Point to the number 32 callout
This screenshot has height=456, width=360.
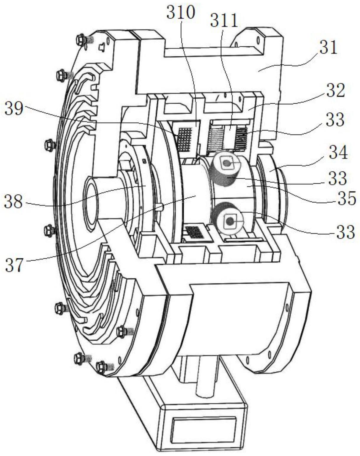click(x=335, y=91)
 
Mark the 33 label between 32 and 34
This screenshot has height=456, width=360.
click(x=335, y=120)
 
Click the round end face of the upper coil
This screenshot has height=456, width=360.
click(x=227, y=163)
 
